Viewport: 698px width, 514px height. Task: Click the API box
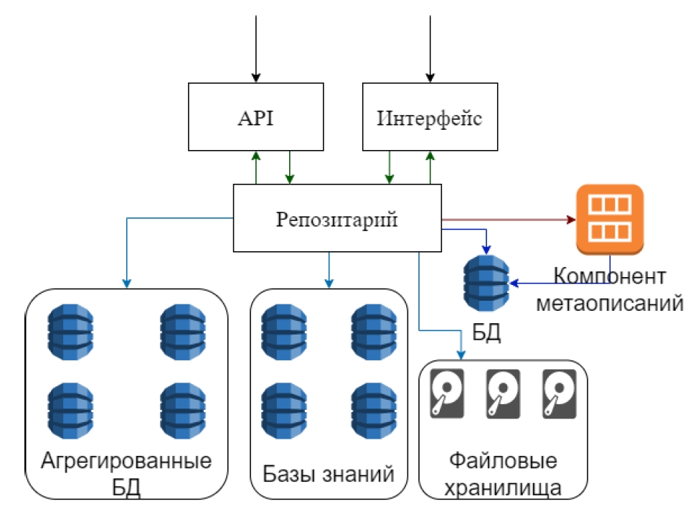click(x=255, y=117)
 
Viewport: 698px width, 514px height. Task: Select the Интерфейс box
click(x=429, y=117)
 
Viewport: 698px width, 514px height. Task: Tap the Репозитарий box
click(x=336, y=218)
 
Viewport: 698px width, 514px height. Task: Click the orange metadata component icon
click(x=610, y=219)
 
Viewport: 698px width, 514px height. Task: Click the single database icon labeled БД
click(x=486, y=284)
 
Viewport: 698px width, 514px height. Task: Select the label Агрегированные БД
click(x=126, y=472)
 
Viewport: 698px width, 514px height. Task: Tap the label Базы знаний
click(x=329, y=474)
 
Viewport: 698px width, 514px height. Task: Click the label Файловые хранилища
click(x=502, y=473)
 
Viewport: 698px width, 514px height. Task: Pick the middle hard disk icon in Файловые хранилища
click(x=503, y=393)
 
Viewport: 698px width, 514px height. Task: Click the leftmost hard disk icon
click(x=447, y=393)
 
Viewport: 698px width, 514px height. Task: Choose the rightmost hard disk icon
click(x=560, y=393)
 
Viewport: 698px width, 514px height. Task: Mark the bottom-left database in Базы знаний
click(x=283, y=410)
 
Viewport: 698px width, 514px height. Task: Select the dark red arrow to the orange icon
click(x=509, y=218)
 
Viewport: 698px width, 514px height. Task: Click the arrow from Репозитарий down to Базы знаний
click(x=329, y=268)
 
